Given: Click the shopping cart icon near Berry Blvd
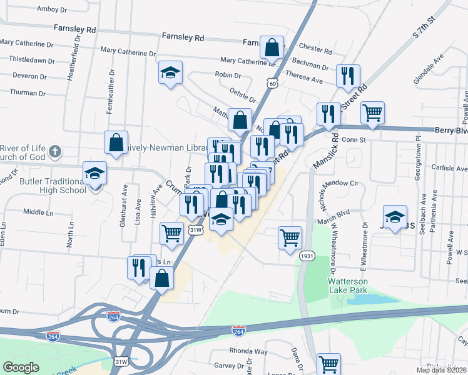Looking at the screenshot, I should tap(372, 113).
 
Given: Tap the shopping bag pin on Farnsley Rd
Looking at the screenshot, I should tap(272, 47).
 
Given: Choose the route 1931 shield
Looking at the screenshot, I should tap(307, 256).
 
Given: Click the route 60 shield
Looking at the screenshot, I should tap(271, 82).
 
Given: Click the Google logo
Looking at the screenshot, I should tap(21, 367).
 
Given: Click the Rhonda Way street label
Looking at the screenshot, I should tap(248, 351).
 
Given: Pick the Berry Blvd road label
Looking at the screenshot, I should tap(450, 131).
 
